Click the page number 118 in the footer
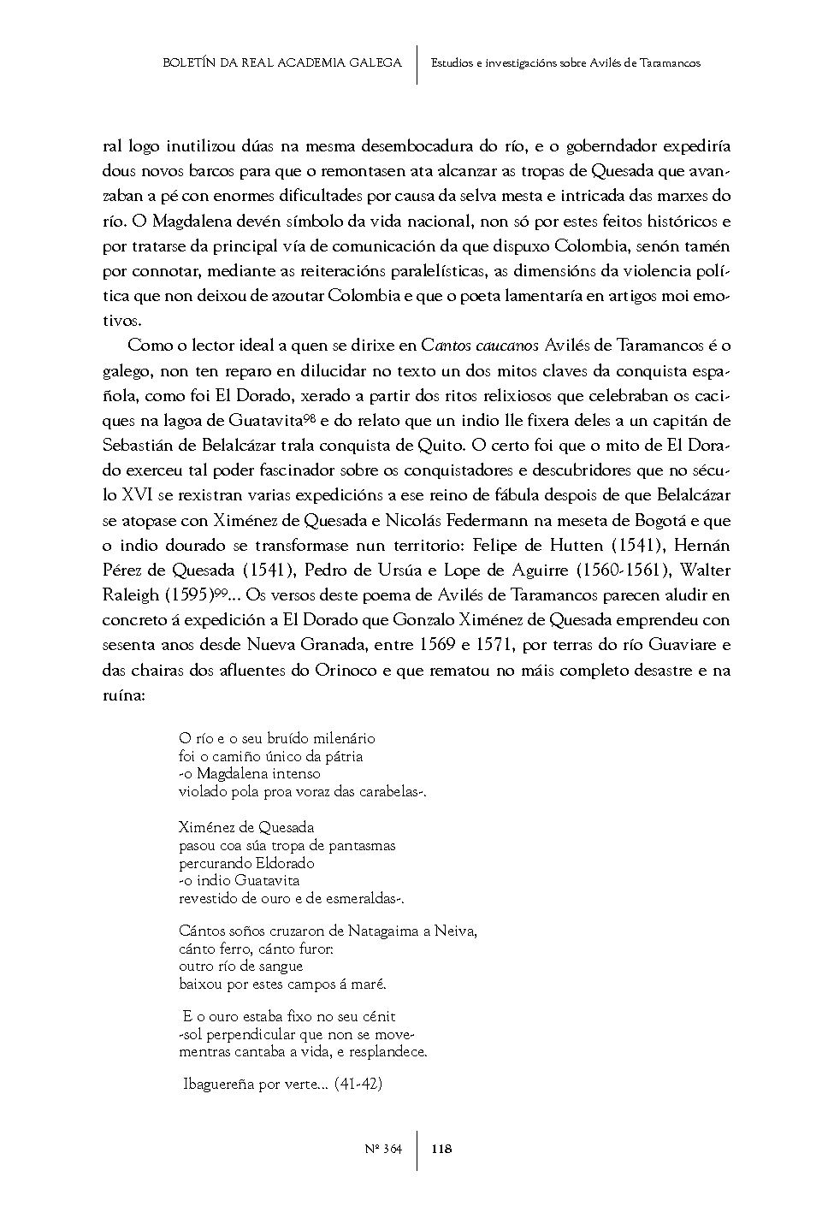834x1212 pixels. click(441, 1149)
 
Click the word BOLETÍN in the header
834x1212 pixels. click(190, 63)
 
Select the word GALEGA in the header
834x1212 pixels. click(375, 63)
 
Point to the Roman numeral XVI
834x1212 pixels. click(138, 495)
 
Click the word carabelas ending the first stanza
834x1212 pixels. click(388, 792)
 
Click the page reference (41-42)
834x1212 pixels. click(358, 1085)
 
